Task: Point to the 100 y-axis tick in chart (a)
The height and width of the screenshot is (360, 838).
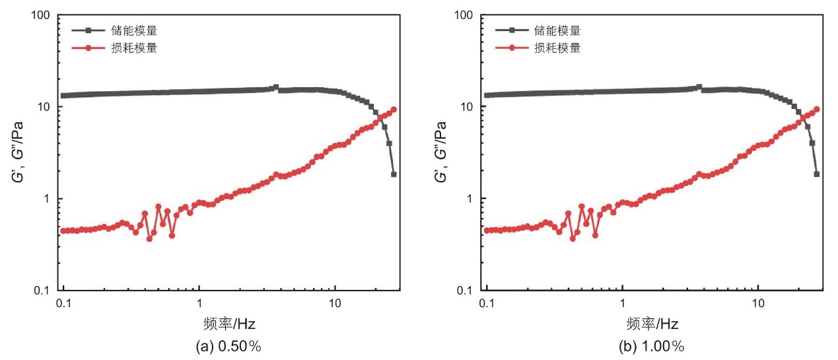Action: coord(40,15)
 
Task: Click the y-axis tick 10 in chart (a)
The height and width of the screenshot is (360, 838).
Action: coord(44,107)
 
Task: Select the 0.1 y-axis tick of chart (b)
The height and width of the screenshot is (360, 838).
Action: coord(465,291)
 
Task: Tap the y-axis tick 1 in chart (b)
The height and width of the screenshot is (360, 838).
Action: coord(470,199)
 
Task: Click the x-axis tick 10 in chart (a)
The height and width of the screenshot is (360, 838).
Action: coord(335,303)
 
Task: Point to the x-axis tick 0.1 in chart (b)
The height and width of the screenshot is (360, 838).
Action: coord(487,303)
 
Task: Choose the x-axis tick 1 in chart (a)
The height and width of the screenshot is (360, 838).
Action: coord(199,303)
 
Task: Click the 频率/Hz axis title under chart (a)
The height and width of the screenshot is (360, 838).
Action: coord(229,324)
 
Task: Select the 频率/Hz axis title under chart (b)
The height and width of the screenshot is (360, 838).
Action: coord(652,324)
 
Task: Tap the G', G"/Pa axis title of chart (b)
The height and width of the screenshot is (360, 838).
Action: coord(441,152)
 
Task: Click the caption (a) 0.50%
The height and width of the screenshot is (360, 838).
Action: coord(228,347)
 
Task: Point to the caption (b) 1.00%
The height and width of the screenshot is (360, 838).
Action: coord(652,347)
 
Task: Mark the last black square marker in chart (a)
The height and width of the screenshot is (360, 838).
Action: coord(394,174)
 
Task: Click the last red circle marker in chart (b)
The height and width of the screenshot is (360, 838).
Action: coord(817,109)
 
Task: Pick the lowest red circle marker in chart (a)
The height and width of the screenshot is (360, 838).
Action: coord(150,238)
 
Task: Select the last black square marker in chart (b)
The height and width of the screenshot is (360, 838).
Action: coord(817,174)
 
